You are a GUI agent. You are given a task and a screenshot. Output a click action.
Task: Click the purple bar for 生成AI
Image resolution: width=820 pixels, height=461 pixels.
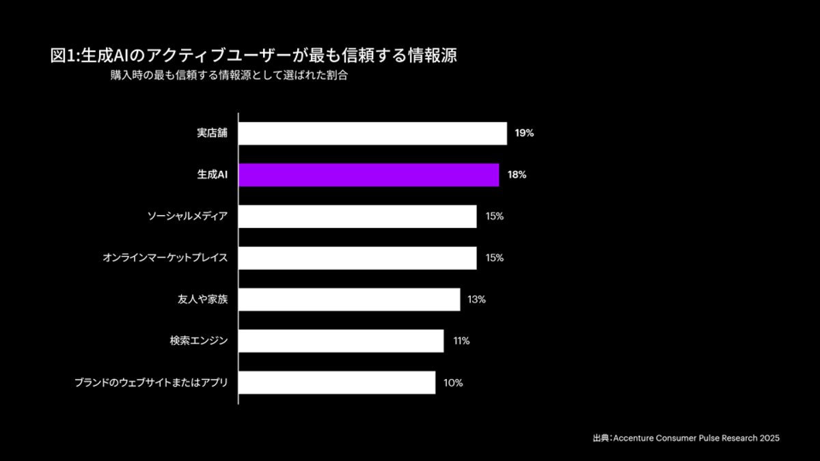(369, 175)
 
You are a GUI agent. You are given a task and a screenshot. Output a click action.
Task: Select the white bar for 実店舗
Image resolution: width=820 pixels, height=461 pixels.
(373, 133)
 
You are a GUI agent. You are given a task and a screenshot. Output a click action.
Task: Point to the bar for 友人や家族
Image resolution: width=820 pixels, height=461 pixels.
(350, 299)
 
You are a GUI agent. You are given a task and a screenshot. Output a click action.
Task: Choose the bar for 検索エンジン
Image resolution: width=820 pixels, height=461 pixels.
(342, 341)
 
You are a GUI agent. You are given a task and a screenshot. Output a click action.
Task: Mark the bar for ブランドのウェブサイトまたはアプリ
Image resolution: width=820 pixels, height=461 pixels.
(338, 382)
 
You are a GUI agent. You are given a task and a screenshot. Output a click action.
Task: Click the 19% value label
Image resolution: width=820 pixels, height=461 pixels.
(525, 133)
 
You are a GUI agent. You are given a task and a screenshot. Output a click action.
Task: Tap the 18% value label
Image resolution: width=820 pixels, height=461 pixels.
(517, 175)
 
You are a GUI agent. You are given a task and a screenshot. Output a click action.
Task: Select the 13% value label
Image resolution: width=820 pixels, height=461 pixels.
(477, 299)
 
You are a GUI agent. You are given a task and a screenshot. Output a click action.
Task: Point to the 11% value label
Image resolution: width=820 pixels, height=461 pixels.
(461, 341)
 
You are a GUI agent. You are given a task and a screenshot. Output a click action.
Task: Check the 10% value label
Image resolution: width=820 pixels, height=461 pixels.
(453, 382)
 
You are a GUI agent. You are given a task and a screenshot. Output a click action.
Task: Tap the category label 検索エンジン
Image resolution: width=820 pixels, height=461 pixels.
(199, 341)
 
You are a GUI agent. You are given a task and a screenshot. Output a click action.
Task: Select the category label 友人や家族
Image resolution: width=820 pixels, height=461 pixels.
(202, 299)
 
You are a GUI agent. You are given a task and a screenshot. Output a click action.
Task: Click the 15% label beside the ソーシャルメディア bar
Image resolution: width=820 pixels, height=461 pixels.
(494, 216)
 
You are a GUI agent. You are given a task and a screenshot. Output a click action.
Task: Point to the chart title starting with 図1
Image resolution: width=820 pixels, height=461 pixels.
(254, 55)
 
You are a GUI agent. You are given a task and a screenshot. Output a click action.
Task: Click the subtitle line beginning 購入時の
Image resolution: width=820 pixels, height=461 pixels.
(230, 76)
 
